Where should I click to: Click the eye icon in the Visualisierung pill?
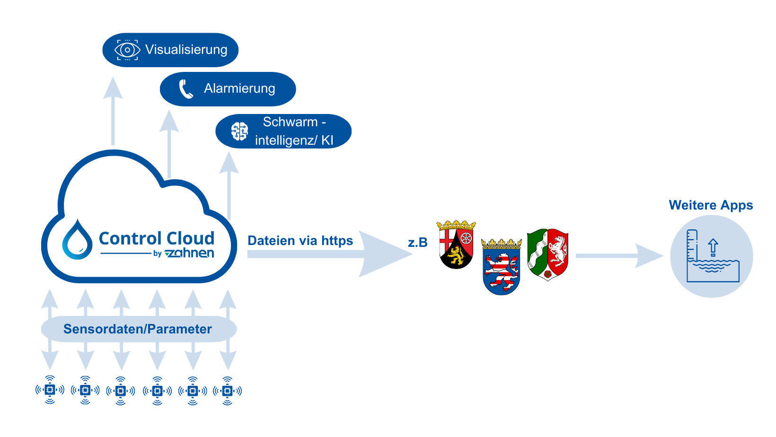click(x=127, y=50)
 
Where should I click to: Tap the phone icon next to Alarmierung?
click(x=186, y=89)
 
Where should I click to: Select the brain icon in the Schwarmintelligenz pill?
click(x=239, y=131)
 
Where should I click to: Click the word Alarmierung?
click(x=239, y=88)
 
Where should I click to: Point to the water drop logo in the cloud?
click(x=77, y=240)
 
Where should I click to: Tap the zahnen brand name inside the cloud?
click(x=190, y=253)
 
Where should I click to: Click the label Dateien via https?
click(x=300, y=241)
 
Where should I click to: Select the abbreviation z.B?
click(x=417, y=243)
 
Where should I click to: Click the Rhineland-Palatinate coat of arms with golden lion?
click(x=456, y=245)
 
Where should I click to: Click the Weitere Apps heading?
click(x=711, y=205)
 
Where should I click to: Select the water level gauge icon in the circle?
click(x=712, y=256)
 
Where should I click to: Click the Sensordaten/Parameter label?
click(x=138, y=329)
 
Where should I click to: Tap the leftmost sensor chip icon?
click(x=50, y=390)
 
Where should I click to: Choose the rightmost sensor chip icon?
click(x=228, y=390)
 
